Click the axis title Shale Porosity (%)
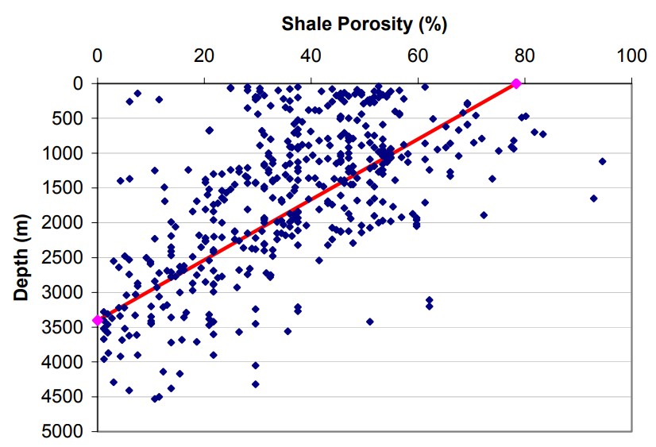(x=365, y=24)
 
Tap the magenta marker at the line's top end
(x=516, y=83)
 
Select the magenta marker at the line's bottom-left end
(x=98, y=320)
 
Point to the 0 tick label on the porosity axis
(x=97, y=56)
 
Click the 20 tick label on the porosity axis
(x=204, y=56)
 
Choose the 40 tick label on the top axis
(x=311, y=56)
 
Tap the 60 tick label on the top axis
(x=418, y=56)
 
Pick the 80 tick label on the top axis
(x=524, y=56)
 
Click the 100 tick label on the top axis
(x=631, y=56)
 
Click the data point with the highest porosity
(x=602, y=161)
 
